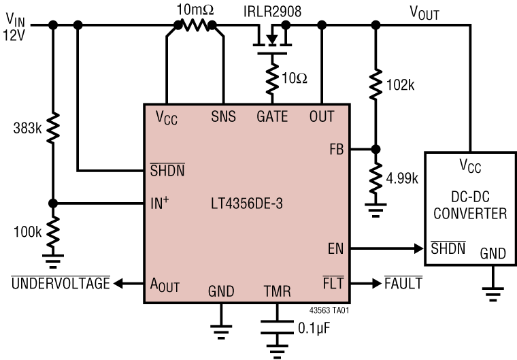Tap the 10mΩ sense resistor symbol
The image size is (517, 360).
pos(196,25)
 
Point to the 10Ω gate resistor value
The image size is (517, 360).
pos(294,78)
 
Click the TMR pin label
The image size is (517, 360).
pos(277,292)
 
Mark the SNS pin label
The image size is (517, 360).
pos(223,116)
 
